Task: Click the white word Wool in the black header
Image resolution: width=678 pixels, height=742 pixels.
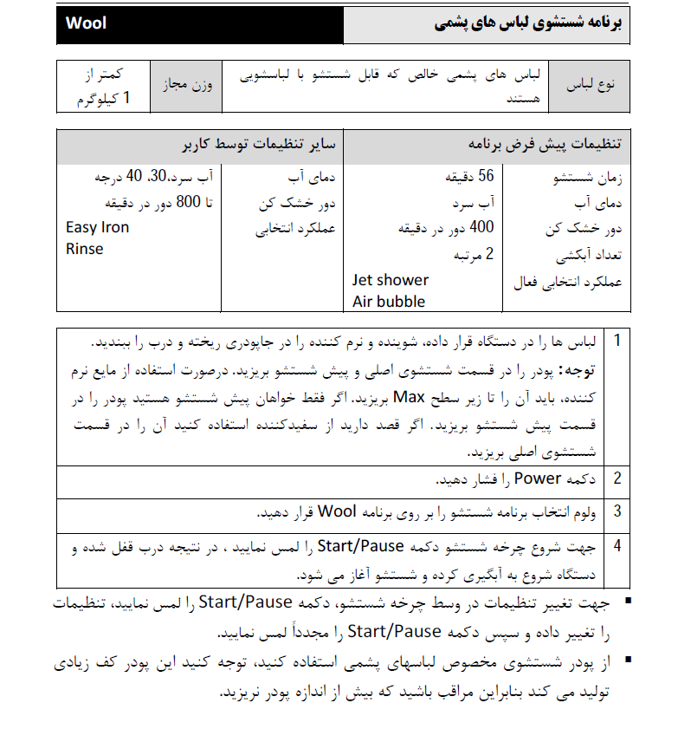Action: tap(87, 23)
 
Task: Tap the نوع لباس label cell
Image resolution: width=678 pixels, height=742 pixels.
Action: tap(590, 86)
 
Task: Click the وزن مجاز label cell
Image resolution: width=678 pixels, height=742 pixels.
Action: tap(186, 86)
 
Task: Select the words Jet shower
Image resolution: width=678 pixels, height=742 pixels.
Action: tap(391, 280)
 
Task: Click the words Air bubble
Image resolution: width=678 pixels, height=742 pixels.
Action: tap(389, 302)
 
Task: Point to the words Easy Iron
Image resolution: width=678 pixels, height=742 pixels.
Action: tap(98, 228)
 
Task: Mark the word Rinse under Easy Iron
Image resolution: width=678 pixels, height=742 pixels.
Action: tap(85, 249)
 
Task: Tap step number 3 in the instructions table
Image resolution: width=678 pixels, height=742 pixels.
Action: tap(617, 511)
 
